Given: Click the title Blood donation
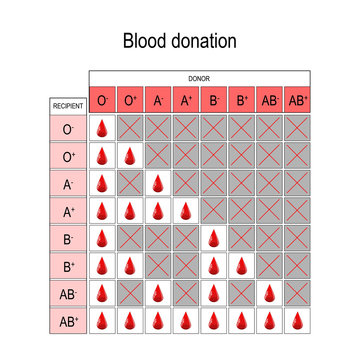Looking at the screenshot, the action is coord(180,41).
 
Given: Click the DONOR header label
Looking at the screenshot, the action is coord(200,77).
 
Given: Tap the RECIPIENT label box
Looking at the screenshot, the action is coord(67,104).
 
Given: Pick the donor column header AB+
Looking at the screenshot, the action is coord(298,100).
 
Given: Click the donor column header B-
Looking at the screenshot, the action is coord(214,100).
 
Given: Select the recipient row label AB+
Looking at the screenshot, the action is coord(67,323).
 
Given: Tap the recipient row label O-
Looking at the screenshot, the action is coord(67,129).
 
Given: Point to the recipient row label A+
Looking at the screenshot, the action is coord(67,212).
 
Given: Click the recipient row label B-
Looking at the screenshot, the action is coord(67,240).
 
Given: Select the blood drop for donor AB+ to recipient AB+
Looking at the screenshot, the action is coord(298,323).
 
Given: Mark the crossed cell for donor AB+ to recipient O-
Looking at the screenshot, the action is coord(298,129).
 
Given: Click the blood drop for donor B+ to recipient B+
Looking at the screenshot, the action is coord(242,268).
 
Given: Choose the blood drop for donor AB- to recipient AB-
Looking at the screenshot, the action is coord(270,295).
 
